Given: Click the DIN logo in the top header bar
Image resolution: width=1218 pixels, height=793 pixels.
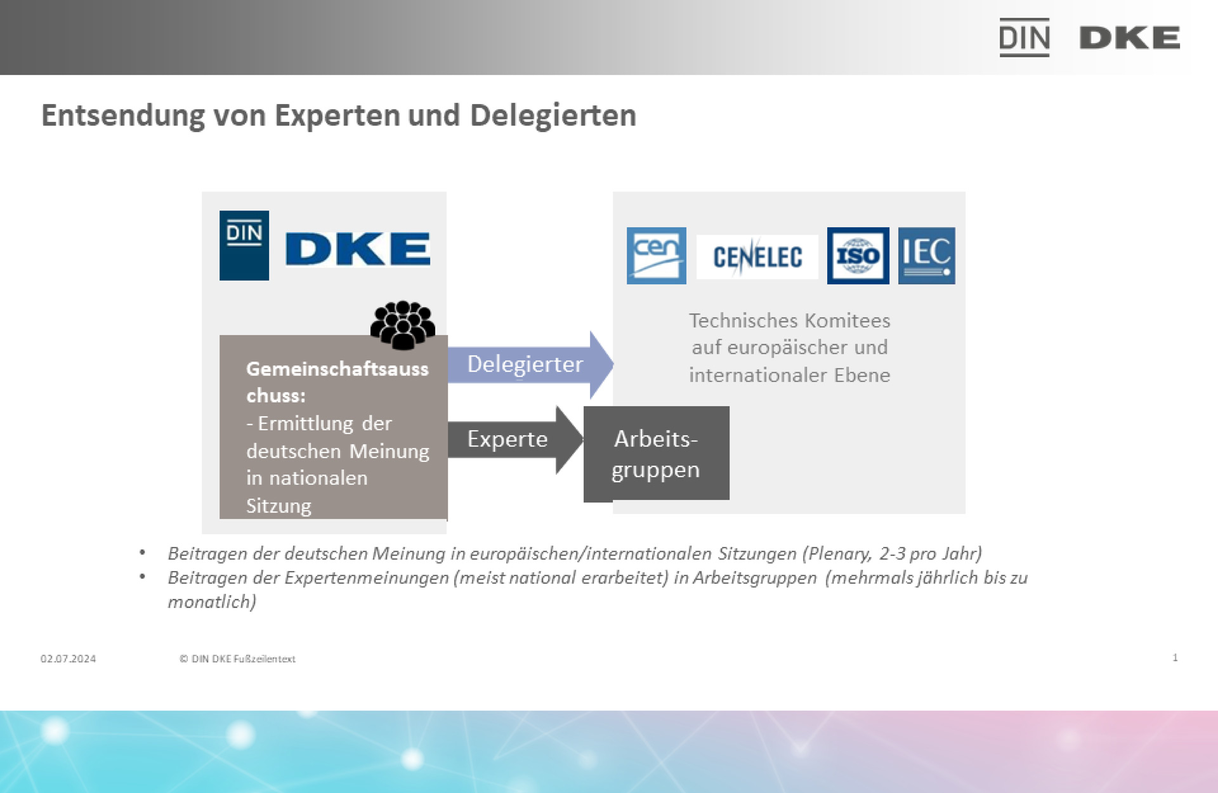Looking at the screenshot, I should (x=1024, y=37).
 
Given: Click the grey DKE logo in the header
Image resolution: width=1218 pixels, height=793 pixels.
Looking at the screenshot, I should (x=1129, y=38).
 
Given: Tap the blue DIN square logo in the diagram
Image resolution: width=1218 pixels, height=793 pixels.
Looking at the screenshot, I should (x=244, y=246).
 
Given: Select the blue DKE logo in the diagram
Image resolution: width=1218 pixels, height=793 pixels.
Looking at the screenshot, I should (x=358, y=249).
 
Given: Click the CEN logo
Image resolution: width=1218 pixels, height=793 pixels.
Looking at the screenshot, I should (x=656, y=256).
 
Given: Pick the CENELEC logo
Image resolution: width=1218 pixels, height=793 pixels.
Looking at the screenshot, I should (x=757, y=257).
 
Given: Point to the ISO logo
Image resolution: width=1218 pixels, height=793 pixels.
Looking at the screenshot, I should (x=858, y=256).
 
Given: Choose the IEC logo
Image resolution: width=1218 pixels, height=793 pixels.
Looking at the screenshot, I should (x=926, y=256).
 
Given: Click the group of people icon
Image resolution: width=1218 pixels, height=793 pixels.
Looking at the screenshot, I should (x=403, y=325).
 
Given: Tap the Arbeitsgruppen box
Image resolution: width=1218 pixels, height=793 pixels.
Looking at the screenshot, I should (x=656, y=454).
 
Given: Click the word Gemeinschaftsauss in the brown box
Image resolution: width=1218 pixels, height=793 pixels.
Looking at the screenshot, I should (x=337, y=369).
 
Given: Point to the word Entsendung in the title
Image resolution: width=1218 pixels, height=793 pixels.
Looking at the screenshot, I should (x=122, y=115).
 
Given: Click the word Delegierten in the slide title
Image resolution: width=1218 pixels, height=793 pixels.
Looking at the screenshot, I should (x=553, y=115).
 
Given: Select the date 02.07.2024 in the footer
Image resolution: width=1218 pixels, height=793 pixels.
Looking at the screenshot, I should (x=68, y=659).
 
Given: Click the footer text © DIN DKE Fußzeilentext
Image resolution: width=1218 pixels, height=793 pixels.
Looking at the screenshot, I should (x=237, y=659).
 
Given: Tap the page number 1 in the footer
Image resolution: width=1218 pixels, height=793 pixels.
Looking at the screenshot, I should (x=1175, y=657).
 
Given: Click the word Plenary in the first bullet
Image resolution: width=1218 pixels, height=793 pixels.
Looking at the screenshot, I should (x=839, y=554).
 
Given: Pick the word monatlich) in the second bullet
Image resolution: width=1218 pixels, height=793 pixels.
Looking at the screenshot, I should (x=212, y=601).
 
